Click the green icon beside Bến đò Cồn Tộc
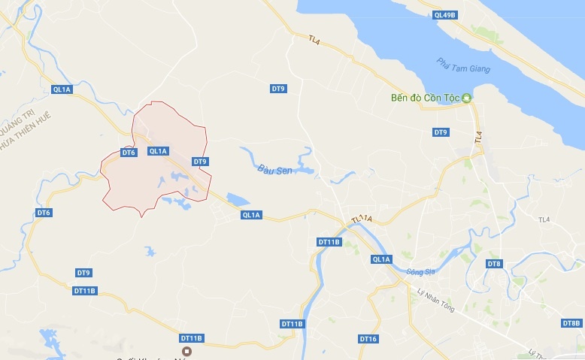tap(466, 98)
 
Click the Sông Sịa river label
tap(420, 271)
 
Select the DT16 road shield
tap(368, 339)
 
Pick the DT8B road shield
tap(571, 323)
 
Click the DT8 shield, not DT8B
tap(493, 264)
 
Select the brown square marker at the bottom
tap(187, 351)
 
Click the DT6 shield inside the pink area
tap(129, 153)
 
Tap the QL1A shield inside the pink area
tap(158, 151)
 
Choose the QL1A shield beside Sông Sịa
tap(381, 259)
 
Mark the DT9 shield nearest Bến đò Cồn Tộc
tap(441, 132)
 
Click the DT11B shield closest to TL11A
tap(329, 242)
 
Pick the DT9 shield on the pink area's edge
tap(199, 161)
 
